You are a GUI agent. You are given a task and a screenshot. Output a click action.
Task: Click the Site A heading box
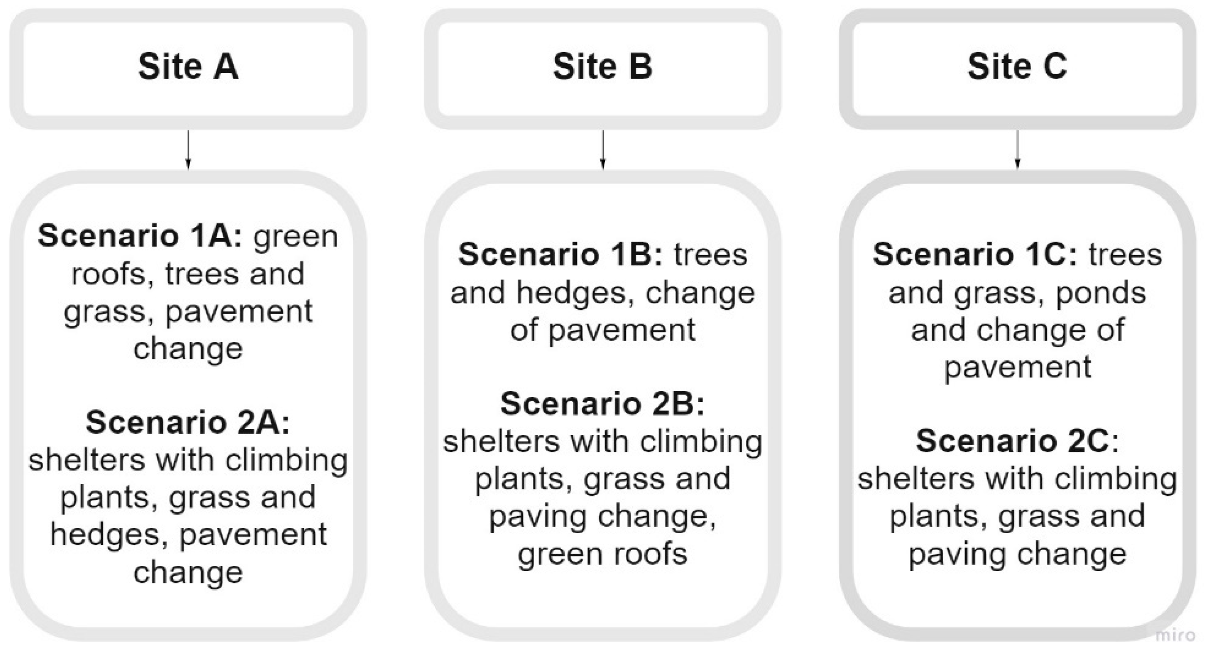[188, 68]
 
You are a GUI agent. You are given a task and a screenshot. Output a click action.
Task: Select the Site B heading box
[602, 68]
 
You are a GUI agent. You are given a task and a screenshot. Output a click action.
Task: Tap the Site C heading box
[1017, 68]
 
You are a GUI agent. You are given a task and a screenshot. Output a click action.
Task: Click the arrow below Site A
[188, 150]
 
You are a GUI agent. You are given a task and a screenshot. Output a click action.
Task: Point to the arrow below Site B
[602, 150]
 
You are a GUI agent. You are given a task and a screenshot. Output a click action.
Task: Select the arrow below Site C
[1017, 150]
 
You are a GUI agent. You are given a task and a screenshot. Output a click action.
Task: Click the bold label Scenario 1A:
[140, 236]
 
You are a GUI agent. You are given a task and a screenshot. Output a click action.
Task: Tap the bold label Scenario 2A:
[188, 422]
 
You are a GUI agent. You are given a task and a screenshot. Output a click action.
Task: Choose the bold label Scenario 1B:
[560, 255]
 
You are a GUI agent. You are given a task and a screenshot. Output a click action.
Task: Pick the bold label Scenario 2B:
[602, 404]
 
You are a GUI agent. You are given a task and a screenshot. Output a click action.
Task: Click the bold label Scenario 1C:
[975, 255]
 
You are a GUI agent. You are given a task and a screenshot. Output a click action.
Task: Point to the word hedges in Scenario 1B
[575, 293]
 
